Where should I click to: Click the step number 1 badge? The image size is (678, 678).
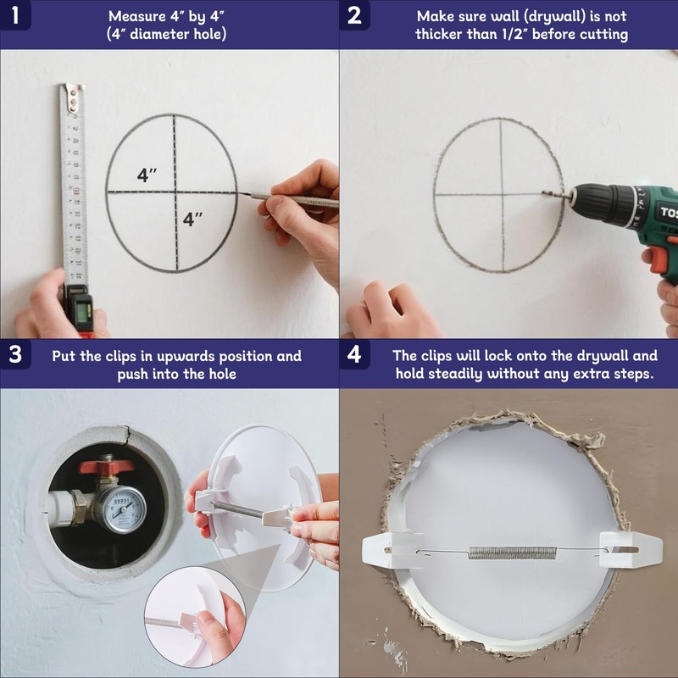point(15,14)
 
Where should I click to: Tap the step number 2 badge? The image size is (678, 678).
point(354,14)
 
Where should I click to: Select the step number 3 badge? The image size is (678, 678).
point(15,354)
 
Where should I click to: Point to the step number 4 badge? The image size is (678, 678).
point(354,354)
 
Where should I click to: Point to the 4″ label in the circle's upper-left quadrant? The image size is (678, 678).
point(147,175)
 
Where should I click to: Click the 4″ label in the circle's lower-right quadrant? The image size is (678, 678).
point(192,219)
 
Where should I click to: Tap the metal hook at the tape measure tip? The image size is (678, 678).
point(73,97)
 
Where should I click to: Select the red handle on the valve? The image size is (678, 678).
point(107,466)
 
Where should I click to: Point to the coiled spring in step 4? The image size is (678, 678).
point(513,553)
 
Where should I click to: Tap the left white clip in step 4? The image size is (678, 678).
point(392,549)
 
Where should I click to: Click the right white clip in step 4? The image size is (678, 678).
point(631,549)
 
